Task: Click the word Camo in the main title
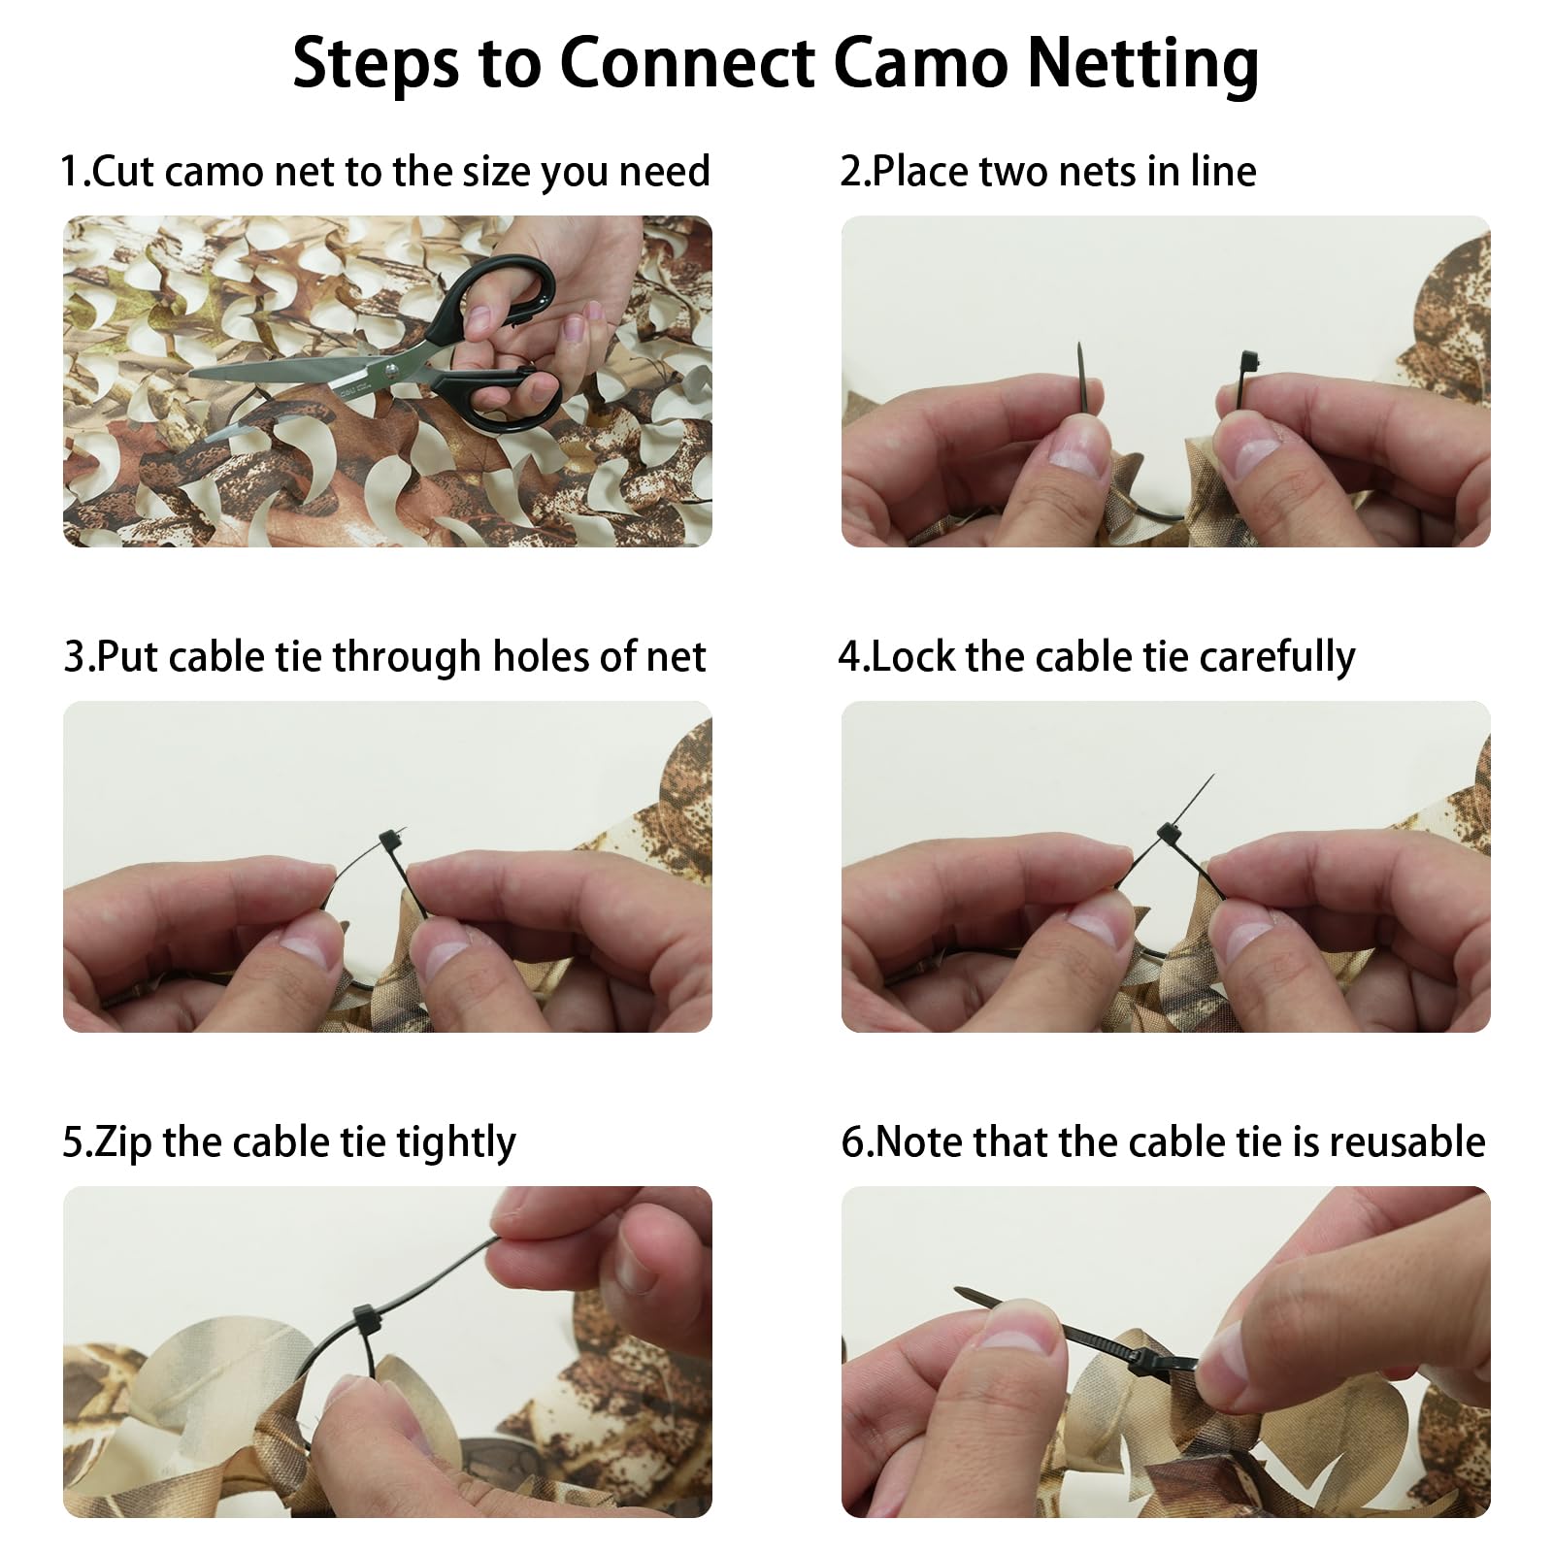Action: pos(921,63)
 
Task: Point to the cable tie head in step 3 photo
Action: pos(390,841)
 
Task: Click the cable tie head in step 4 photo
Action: pos(1169,834)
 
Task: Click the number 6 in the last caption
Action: pos(853,1142)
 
